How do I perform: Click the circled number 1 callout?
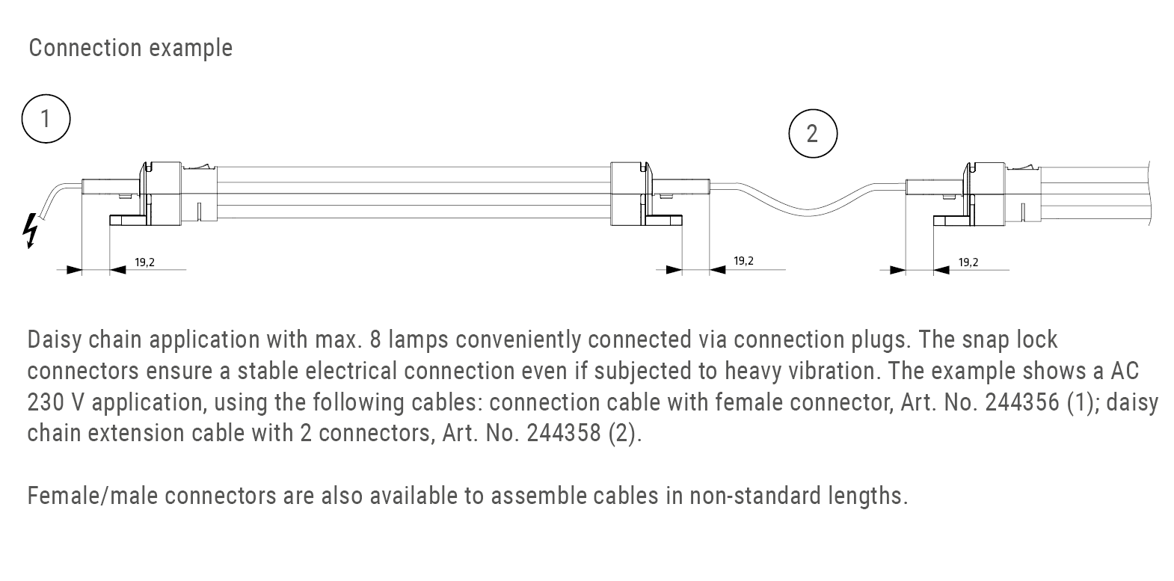46,118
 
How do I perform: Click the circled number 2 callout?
813,134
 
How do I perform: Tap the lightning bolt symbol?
30,230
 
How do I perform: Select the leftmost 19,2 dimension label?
144,262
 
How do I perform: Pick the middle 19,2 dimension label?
743,261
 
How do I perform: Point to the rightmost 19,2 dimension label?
968,262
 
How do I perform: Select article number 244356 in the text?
1021,402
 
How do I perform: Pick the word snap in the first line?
987,340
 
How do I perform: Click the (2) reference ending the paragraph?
624,434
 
